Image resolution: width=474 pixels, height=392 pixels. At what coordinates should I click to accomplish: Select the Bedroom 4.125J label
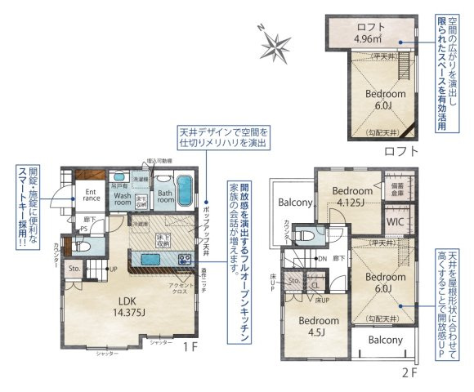[353, 196]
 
